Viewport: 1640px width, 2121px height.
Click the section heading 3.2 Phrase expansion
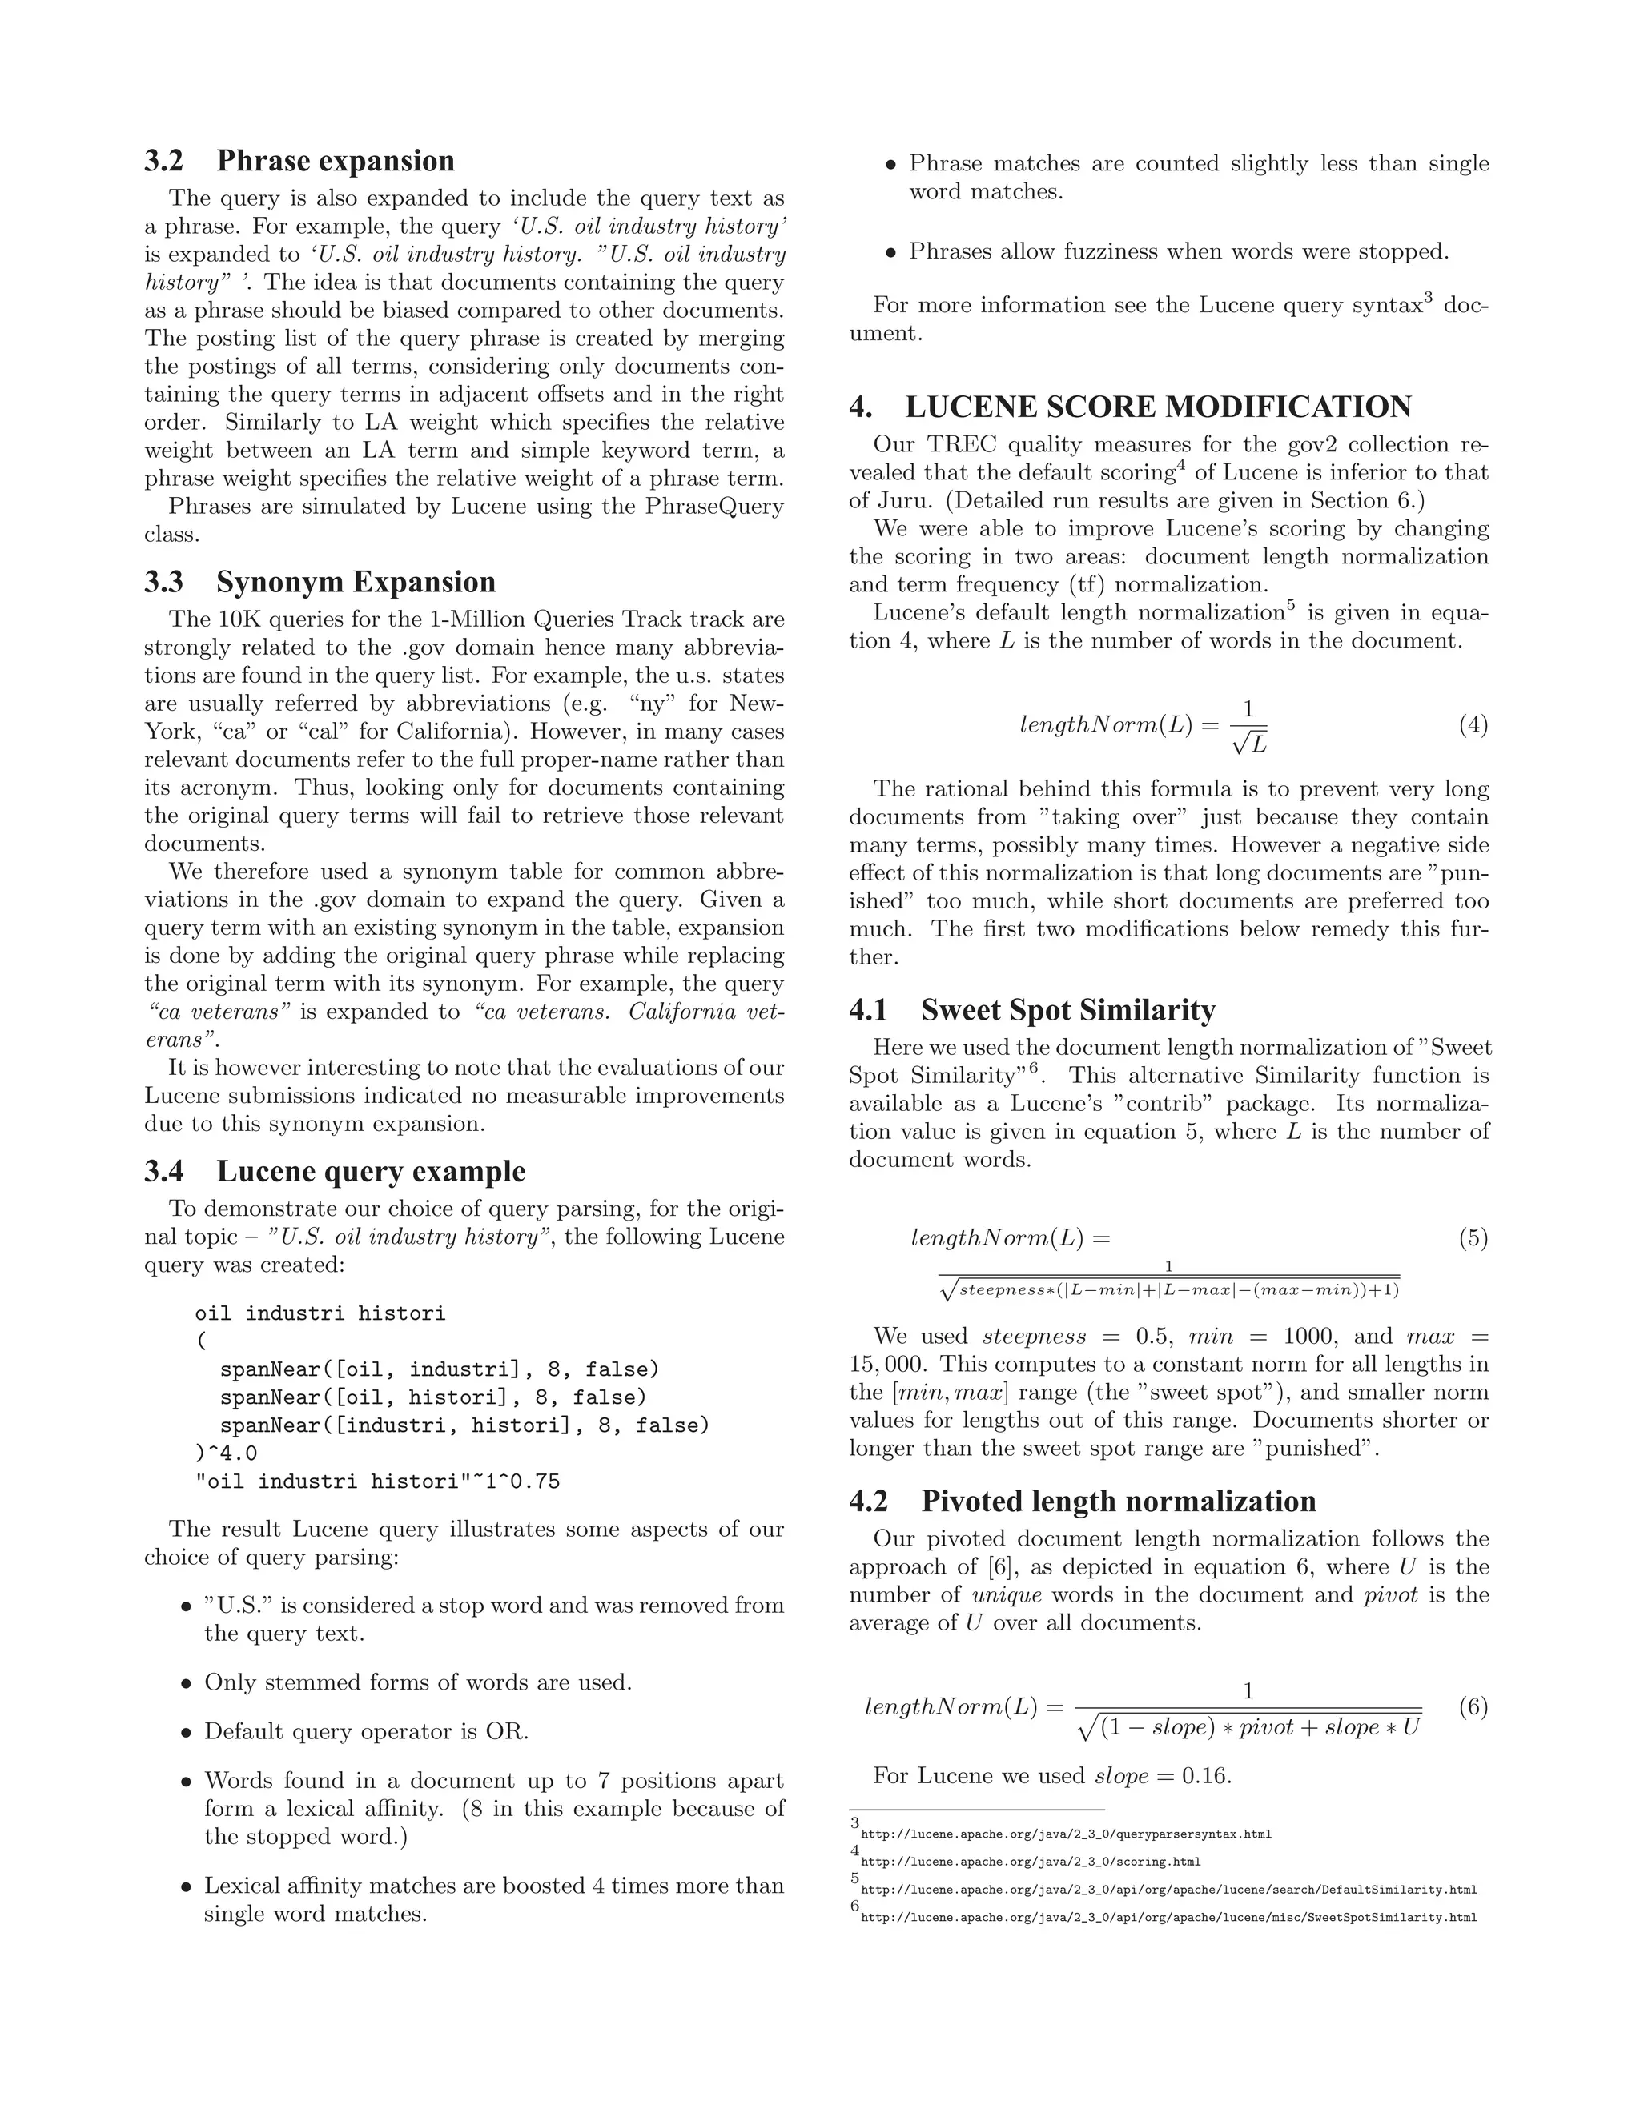[x=299, y=161]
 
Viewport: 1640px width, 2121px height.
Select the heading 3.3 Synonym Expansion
[x=320, y=583]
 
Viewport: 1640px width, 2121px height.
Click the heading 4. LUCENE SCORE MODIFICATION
[x=1130, y=407]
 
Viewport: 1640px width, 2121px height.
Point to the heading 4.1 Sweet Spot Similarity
[x=1031, y=1010]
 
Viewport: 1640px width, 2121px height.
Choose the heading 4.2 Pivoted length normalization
[x=1083, y=1502]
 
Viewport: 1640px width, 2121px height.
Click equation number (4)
[x=1472, y=725]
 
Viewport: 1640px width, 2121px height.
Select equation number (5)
[x=1472, y=1238]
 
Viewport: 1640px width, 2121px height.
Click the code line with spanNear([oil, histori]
[x=432, y=1397]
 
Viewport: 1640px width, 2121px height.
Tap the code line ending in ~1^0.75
[x=377, y=1482]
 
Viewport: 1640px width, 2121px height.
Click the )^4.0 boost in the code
[x=227, y=1453]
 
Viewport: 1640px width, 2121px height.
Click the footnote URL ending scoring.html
[x=1030, y=1862]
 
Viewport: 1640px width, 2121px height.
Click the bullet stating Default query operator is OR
[x=365, y=1731]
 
